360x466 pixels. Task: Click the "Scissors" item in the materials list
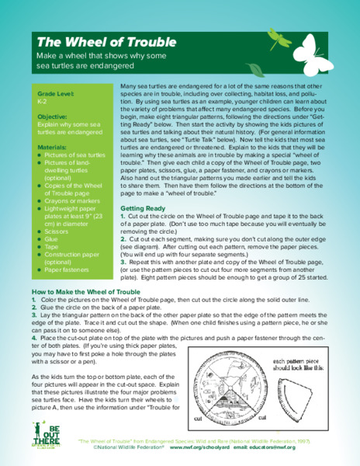point(55,232)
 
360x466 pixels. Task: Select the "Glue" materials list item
point(50,242)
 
